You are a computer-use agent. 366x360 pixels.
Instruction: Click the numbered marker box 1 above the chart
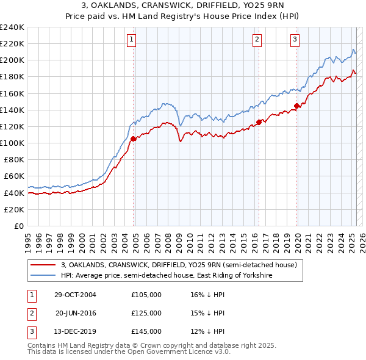click(132, 40)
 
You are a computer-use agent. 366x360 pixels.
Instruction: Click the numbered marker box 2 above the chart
click(257, 40)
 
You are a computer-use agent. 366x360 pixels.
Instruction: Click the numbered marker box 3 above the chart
click(295, 40)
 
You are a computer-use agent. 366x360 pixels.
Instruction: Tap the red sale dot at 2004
click(134, 139)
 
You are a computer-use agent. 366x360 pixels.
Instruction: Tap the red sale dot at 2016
click(259, 122)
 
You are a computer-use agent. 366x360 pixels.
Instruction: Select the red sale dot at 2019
click(297, 106)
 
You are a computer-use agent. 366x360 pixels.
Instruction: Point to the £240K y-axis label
click(12, 27)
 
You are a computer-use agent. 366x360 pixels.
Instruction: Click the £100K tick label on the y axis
click(12, 143)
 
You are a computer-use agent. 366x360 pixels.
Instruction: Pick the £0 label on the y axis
click(19, 226)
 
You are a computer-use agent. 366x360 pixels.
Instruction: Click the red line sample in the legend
click(43, 265)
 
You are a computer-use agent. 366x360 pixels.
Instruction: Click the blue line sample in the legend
click(43, 276)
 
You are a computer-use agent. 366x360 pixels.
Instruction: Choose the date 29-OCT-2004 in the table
click(75, 295)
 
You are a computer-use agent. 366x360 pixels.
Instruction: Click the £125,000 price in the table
click(146, 313)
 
